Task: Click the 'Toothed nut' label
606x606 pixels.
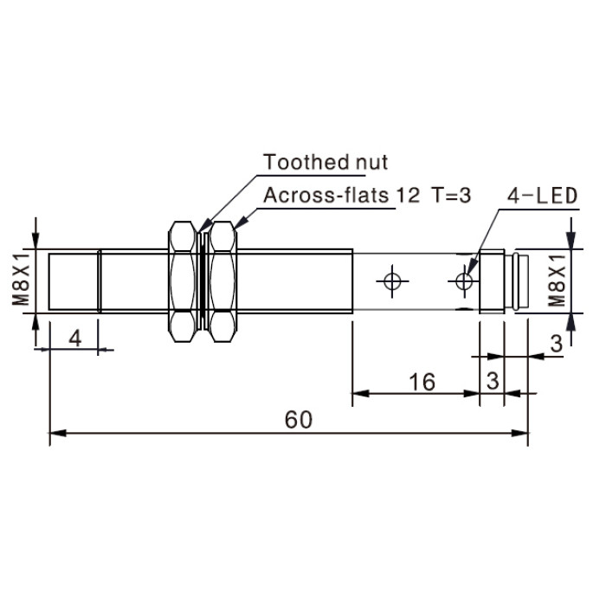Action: (326, 162)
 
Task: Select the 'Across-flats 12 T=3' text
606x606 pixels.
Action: (367, 195)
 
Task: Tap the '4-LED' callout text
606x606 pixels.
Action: (542, 196)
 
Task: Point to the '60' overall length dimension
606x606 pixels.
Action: (298, 420)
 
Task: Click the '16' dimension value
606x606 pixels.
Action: (422, 382)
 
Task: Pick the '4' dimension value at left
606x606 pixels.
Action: (75, 338)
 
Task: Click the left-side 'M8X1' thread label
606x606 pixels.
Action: (21, 279)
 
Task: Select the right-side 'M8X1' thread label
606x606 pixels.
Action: (557, 280)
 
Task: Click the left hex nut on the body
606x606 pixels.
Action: (183, 281)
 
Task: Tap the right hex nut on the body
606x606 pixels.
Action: (222, 281)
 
